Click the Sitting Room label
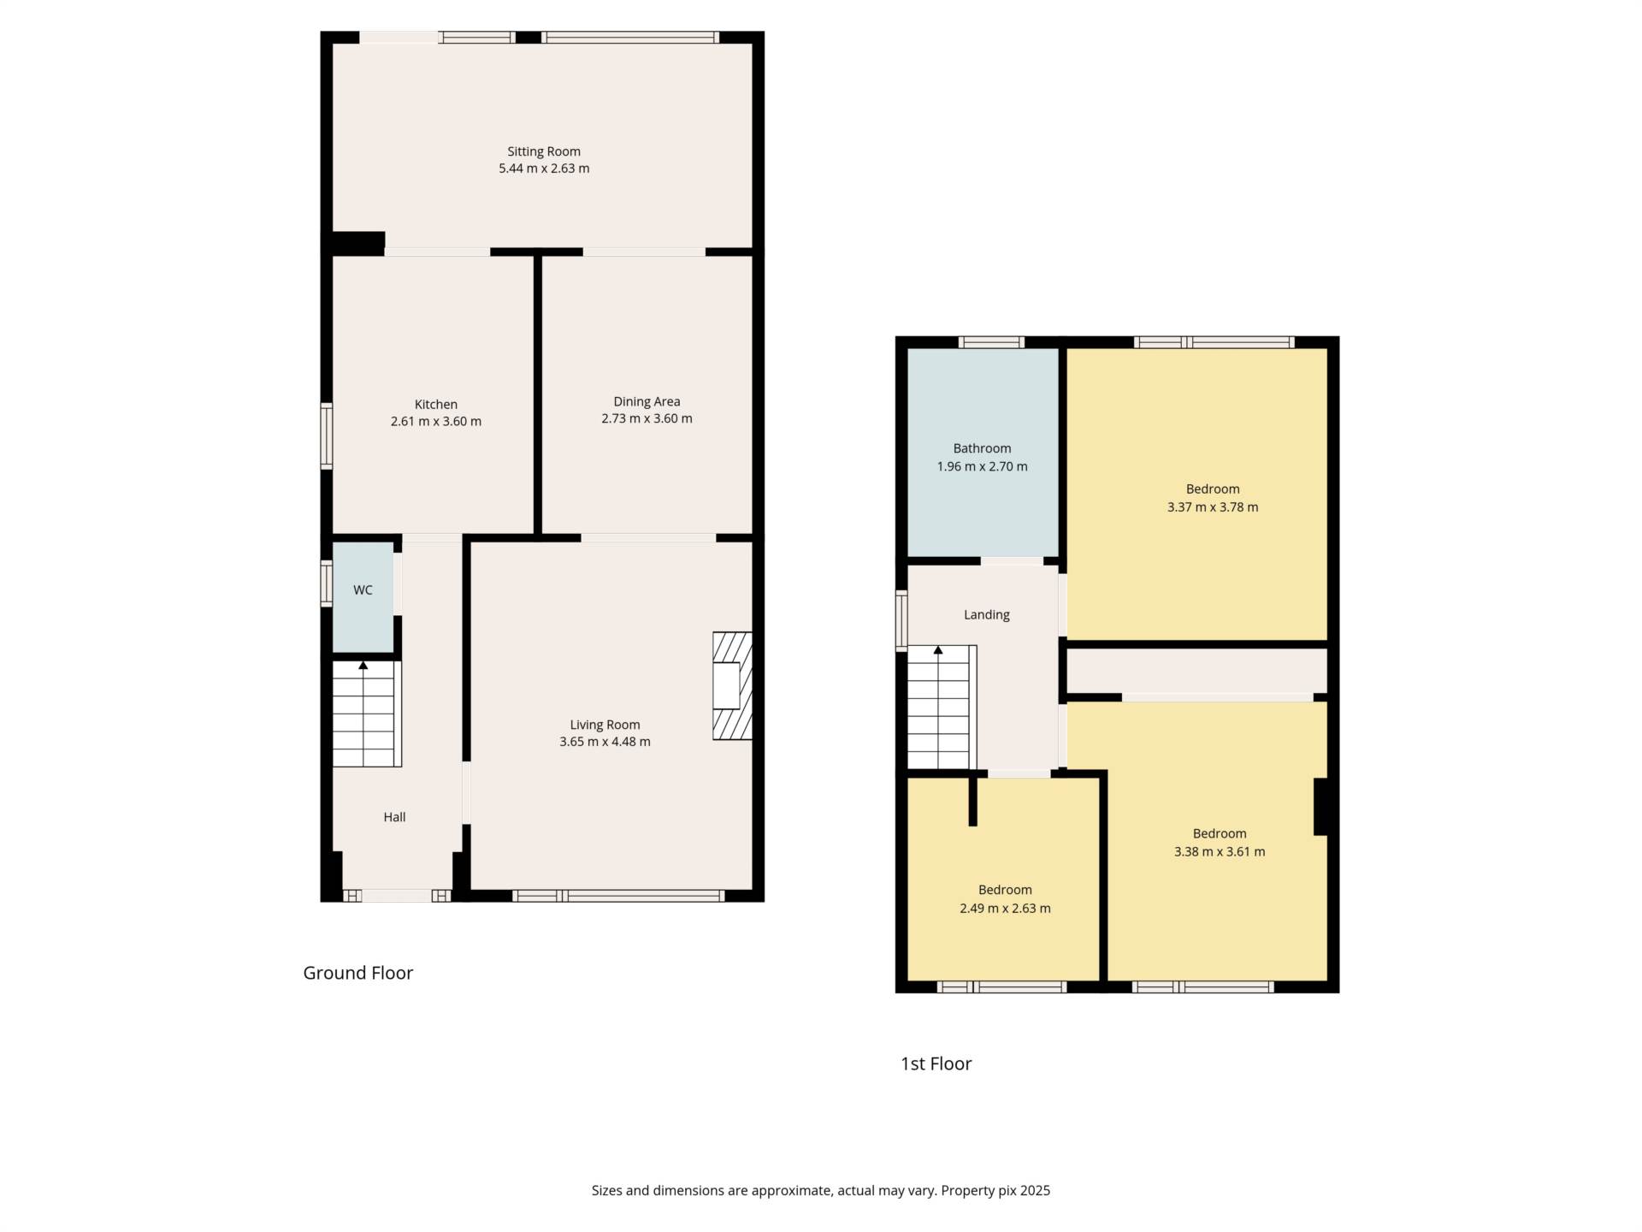tap(544, 151)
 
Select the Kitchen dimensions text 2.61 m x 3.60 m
tap(436, 421)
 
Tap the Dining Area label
tap(647, 401)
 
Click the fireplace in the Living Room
tap(732, 685)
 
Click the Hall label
tap(394, 817)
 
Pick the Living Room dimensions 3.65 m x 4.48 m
tap(605, 742)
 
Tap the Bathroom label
tap(982, 448)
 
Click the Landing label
tap(987, 614)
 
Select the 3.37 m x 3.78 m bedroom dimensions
tap(1213, 506)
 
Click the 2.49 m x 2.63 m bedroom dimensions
tap(1005, 908)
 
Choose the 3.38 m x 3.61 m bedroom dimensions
tap(1220, 851)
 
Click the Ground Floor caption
tap(358, 973)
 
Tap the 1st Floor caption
tap(936, 1063)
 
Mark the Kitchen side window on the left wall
tap(327, 436)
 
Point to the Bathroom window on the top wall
tap(991, 342)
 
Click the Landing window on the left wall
tap(901, 620)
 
